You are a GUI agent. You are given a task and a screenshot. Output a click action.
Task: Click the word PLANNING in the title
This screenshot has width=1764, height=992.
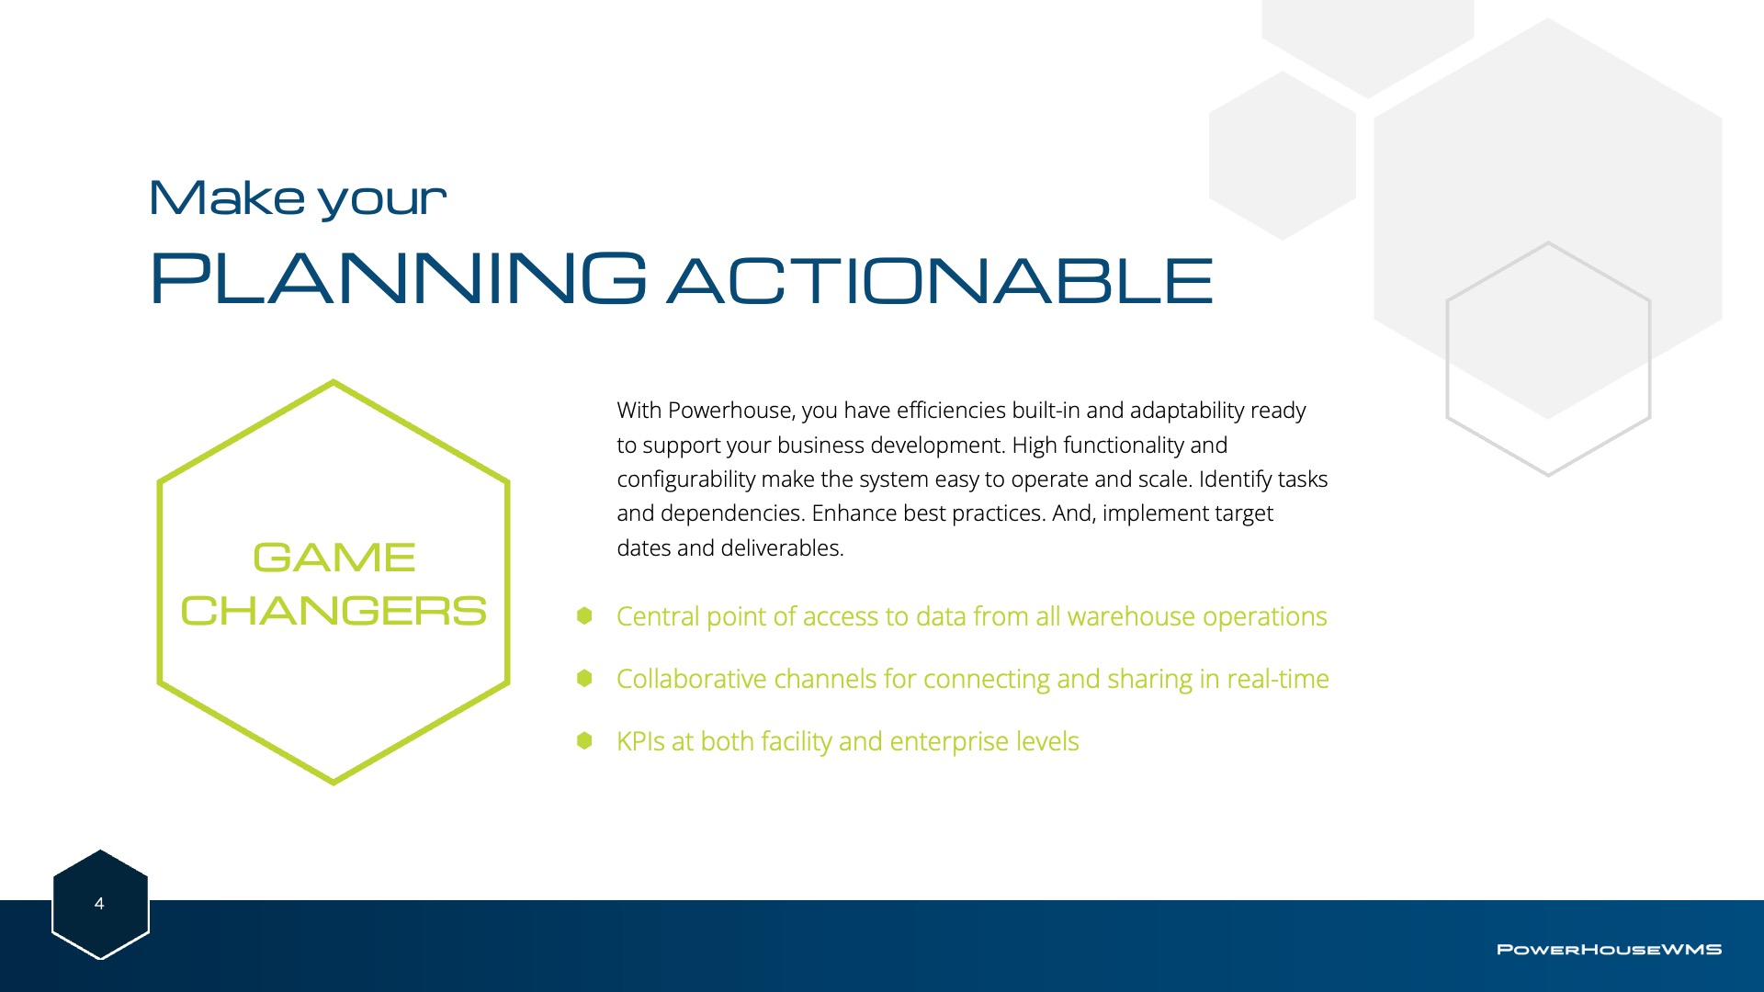coord(398,277)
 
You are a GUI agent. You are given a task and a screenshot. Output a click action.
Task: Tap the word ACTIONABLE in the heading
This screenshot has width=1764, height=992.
coord(940,280)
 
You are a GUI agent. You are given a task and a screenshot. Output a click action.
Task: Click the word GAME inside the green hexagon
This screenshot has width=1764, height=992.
coord(334,558)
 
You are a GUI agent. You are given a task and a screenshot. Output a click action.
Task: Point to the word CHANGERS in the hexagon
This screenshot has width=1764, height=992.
coord(334,611)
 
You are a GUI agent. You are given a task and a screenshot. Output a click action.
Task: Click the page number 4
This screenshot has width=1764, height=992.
coord(99,904)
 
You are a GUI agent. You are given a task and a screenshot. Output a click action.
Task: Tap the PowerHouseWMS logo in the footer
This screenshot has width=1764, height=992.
coord(1609,949)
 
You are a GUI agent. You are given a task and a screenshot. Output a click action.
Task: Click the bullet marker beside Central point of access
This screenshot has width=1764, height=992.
coord(584,615)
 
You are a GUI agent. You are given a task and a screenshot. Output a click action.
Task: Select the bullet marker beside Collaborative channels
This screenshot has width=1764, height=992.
coord(584,678)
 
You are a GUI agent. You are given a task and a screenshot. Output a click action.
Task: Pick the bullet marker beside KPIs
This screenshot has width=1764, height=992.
coord(584,740)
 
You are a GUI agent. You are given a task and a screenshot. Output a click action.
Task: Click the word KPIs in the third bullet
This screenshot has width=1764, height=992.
coord(640,741)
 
